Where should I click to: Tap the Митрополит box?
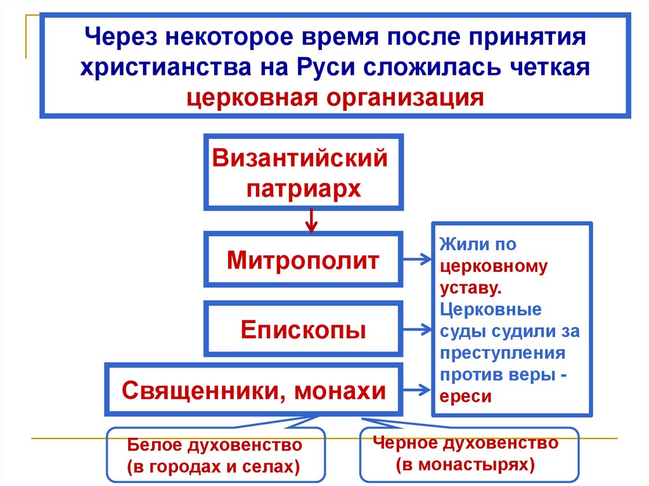(303, 260)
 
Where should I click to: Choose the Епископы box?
(303, 329)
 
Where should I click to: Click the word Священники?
(198, 390)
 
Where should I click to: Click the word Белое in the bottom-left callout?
(154, 445)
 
